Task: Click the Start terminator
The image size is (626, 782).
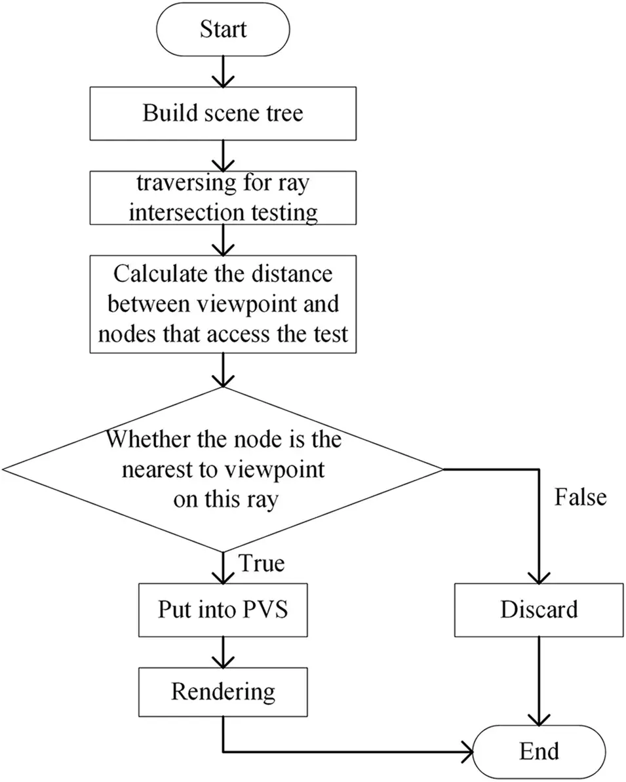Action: pos(224,29)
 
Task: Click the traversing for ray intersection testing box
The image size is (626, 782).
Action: pos(224,198)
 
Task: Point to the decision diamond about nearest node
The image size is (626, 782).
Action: pos(224,469)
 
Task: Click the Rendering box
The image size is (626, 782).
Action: pos(224,692)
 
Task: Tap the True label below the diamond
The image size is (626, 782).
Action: pos(261,564)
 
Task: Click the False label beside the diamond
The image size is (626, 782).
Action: pos(580,497)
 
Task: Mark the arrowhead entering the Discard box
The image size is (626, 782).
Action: pos(539,577)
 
